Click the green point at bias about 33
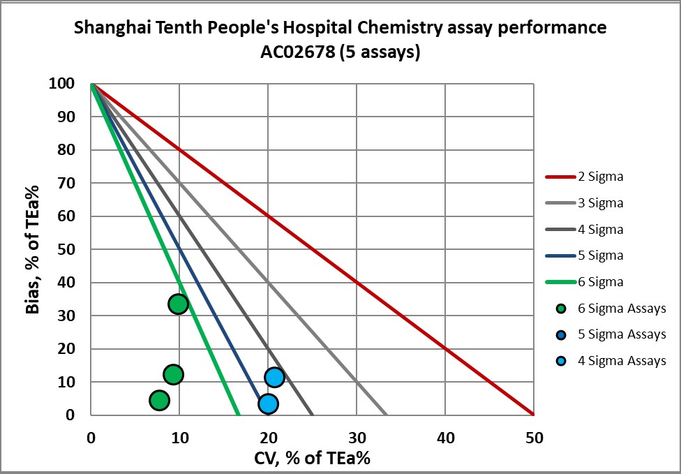178,304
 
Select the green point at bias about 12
173,374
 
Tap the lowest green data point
160,400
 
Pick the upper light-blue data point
274,377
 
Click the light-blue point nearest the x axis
267,403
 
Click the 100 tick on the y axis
61,84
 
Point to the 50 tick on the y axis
67,249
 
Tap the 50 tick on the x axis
533,438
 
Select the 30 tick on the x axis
357,438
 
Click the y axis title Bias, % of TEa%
33,249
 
